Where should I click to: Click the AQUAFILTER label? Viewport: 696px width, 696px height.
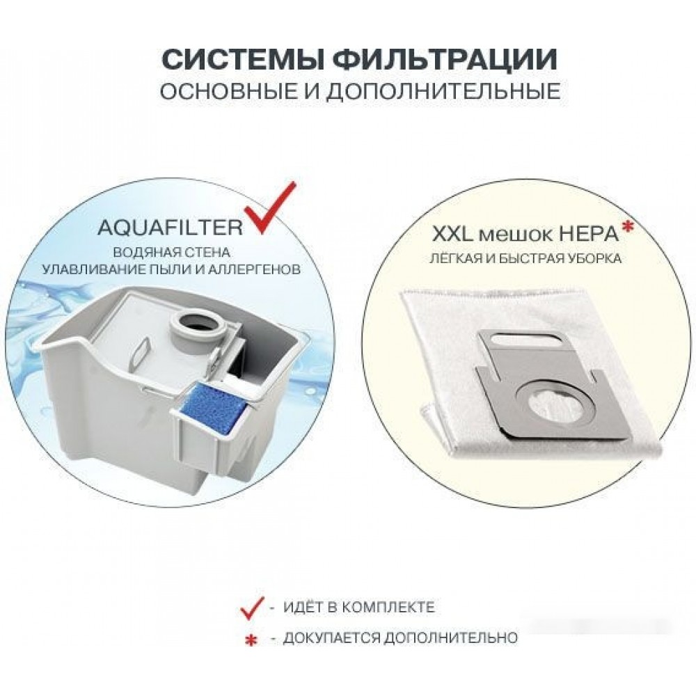pyautogui.click(x=170, y=228)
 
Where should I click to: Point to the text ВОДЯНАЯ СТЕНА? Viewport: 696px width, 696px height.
pyautogui.click(x=172, y=253)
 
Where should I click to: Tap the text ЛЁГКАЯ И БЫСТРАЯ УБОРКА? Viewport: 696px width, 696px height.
pyautogui.click(x=525, y=259)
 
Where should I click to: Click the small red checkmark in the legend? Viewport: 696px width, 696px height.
pyautogui.click(x=252, y=608)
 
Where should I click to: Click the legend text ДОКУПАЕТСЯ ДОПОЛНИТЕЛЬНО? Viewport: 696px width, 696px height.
pyautogui.click(x=400, y=638)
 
